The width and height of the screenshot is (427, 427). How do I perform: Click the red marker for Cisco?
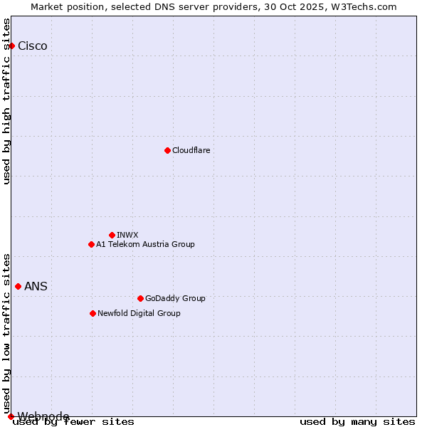click(x=11, y=46)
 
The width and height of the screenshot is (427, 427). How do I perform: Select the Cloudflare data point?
click(x=167, y=150)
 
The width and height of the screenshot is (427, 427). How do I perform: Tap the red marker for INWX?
click(x=112, y=235)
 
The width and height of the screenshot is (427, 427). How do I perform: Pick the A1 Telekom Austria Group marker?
click(x=91, y=244)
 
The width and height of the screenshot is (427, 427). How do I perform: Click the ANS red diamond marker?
click(x=18, y=286)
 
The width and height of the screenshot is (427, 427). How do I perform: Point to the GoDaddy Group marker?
click(x=140, y=298)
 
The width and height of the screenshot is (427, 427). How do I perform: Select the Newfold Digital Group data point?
click(x=93, y=313)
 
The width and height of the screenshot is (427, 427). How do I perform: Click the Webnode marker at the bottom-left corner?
click(x=11, y=416)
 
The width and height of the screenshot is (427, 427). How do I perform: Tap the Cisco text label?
click(x=33, y=46)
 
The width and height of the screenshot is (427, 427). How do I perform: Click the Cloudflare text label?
click(x=191, y=150)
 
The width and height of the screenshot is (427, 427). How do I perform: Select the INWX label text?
click(x=127, y=235)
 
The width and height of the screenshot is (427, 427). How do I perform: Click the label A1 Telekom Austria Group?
click(x=145, y=244)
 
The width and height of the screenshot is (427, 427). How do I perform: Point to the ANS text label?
click(x=36, y=287)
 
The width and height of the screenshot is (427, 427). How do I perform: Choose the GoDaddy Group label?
click(x=175, y=298)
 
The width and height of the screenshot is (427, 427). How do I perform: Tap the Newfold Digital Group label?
click(x=139, y=313)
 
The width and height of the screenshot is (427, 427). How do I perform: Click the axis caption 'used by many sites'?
click(x=357, y=422)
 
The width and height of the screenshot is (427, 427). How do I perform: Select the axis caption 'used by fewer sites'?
click(x=74, y=422)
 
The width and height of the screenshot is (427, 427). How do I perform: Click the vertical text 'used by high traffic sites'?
click(x=6, y=101)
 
